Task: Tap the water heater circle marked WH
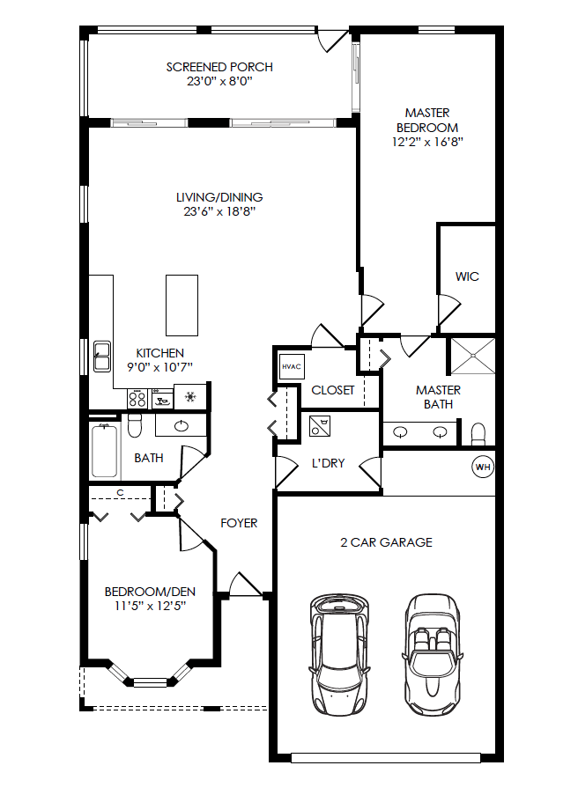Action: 483,467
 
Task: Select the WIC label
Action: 467,276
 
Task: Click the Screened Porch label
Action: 219,67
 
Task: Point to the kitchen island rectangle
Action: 182,300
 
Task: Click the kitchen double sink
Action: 101,356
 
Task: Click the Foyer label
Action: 239,523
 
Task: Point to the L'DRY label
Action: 328,464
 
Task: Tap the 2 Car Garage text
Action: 386,542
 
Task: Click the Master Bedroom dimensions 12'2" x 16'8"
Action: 427,141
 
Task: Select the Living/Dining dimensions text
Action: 219,211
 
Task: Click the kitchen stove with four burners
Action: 137,399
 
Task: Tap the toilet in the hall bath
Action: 135,427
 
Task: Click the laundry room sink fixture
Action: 319,426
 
